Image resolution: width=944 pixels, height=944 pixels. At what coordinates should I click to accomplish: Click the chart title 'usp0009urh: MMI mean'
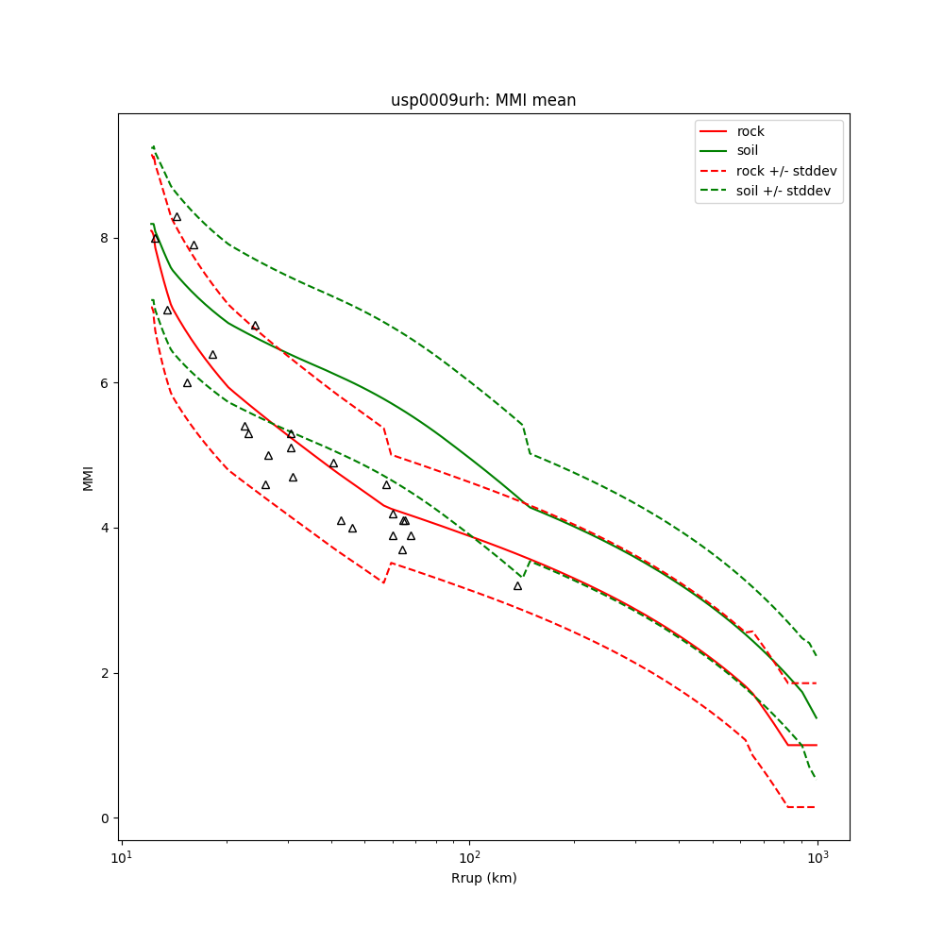(483, 100)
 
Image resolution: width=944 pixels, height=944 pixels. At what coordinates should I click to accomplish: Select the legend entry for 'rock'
(750, 131)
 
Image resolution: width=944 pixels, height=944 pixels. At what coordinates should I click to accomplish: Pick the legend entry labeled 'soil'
(748, 151)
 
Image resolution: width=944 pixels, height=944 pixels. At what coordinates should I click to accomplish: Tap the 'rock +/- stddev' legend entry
(786, 171)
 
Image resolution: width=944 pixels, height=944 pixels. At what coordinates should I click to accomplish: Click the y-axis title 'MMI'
(89, 478)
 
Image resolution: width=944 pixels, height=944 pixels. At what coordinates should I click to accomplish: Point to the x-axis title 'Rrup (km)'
(483, 878)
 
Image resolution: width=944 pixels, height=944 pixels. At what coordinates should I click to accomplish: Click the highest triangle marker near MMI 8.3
(177, 217)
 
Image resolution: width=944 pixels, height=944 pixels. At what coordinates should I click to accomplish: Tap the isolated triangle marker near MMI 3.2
(517, 586)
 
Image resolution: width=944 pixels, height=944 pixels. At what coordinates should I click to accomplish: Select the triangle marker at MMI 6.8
(255, 326)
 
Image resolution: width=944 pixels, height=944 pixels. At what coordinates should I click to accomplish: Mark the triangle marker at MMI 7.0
(167, 311)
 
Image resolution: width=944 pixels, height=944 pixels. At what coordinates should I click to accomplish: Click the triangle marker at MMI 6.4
(212, 355)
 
